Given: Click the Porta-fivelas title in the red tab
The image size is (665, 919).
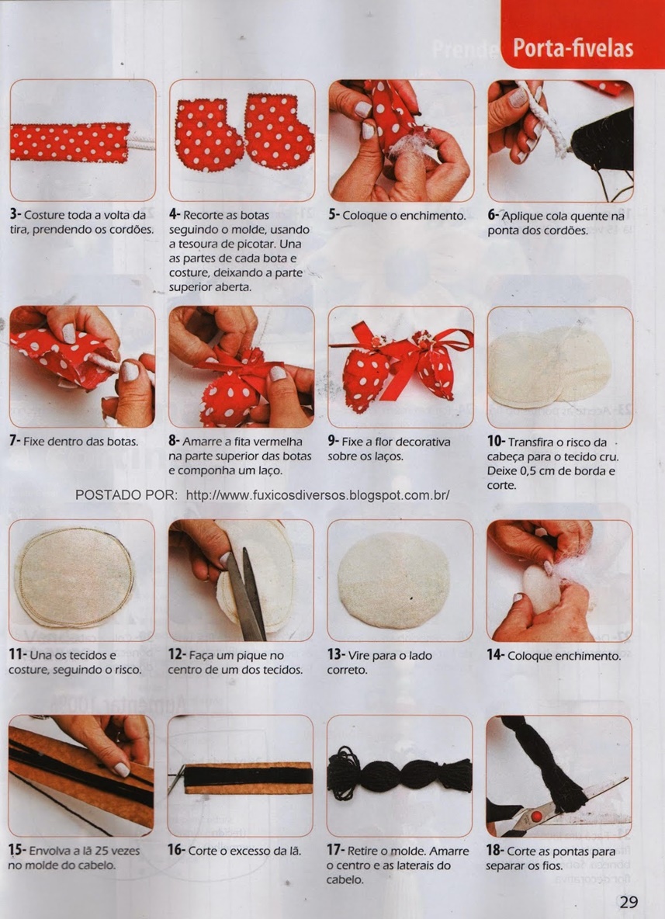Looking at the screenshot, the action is (x=573, y=48).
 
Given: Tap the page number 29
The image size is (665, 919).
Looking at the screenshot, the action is (x=628, y=902).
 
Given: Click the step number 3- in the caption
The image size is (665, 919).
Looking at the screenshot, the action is (x=16, y=215).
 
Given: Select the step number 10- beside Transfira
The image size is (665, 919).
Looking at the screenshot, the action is (x=496, y=442).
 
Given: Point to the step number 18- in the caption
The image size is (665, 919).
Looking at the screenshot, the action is (x=494, y=851).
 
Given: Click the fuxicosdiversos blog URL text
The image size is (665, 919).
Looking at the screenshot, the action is (x=317, y=494).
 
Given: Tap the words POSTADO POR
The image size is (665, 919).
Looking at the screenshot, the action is (x=126, y=494).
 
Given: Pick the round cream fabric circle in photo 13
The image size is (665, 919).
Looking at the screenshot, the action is (x=393, y=580).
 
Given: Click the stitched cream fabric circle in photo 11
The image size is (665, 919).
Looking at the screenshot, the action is (x=75, y=577).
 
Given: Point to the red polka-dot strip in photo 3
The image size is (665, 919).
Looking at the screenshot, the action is (x=70, y=142).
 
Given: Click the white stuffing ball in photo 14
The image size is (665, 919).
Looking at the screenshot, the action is (x=541, y=590).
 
